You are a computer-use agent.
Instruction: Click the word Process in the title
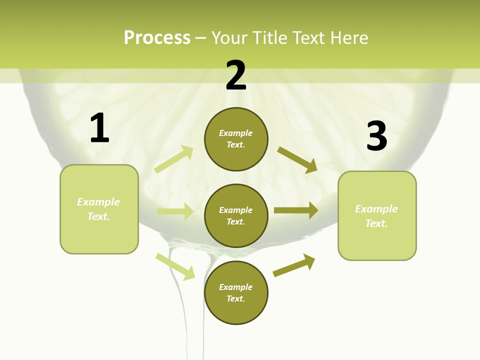pyautogui.click(x=157, y=37)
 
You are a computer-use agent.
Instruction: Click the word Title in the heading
pyautogui.click(x=271, y=37)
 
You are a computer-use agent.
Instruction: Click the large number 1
pyautogui.click(x=99, y=128)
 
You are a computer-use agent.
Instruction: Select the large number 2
pyautogui.click(x=236, y=75)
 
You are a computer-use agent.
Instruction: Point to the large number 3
pyautogui.click(x=376, y=136)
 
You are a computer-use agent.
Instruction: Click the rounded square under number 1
pyautogui.click(x=99, y=209)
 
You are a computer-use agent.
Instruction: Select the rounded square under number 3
pyautogui.click(x=377, y=215)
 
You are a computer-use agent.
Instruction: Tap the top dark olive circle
pyautogui.click(x=236, y=139)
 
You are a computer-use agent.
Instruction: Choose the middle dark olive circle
pyautogui.click(x=236, y=216)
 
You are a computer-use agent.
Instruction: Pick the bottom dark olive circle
pyautogui.click(x=236, y=293)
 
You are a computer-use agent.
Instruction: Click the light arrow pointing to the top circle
pyautogui.click(x=174, y=159)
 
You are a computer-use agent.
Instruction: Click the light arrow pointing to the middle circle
pyautogui.click(x=175, y=211)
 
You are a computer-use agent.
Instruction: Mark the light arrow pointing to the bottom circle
pyautogui.click(x=175, y=266)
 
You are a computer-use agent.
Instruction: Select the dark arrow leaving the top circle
pyautogui.click(x=297, y=160)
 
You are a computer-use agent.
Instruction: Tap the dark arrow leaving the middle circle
pyautogui.click(x=296, y=210)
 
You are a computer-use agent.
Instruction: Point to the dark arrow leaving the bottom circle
pyautogui.click(x=294, y=265)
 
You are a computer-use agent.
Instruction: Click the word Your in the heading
pyautogui.click(x=230, y=37)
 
